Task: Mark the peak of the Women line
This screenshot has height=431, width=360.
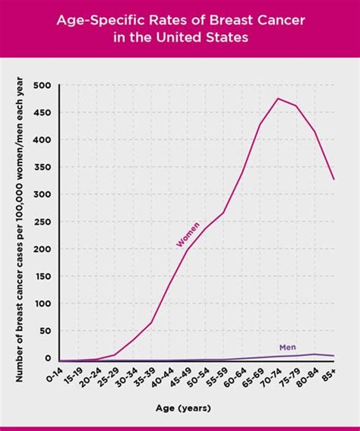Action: (x=278, y=99)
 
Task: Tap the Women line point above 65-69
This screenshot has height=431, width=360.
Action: (x=261, y=124)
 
